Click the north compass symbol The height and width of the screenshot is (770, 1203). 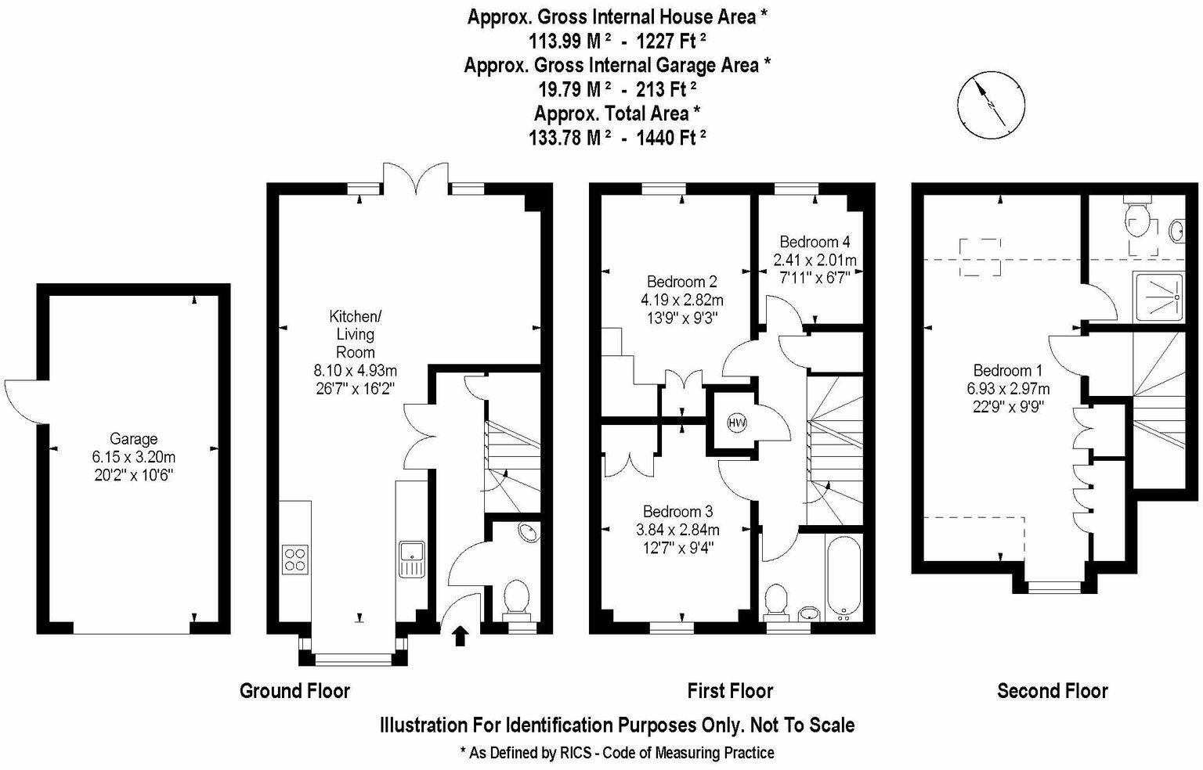(991, 103)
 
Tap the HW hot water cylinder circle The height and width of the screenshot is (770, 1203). (736, 423)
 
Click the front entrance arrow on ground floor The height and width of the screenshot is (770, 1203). (460, 635)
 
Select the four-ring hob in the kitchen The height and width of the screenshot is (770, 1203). (295, 559)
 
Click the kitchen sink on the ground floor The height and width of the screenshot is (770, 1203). (412, 559)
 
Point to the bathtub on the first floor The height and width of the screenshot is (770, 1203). (843, 577)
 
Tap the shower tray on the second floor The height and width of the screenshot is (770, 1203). (1165, 297)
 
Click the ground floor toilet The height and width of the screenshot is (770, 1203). (517, 598)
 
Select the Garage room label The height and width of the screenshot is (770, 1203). (133, 439)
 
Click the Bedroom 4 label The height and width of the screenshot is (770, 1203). (815, 242)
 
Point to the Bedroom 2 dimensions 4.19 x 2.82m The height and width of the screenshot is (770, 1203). (681, 299)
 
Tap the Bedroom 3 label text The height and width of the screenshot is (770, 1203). (677, 511)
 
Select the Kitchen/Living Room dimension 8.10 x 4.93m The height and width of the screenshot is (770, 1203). (355, 370)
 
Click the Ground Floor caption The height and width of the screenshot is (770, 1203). (294, 690)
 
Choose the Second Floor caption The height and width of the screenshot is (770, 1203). (1052, 690)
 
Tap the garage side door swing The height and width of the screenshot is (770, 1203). (23, 399)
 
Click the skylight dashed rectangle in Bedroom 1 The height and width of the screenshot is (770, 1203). (979, 257)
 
